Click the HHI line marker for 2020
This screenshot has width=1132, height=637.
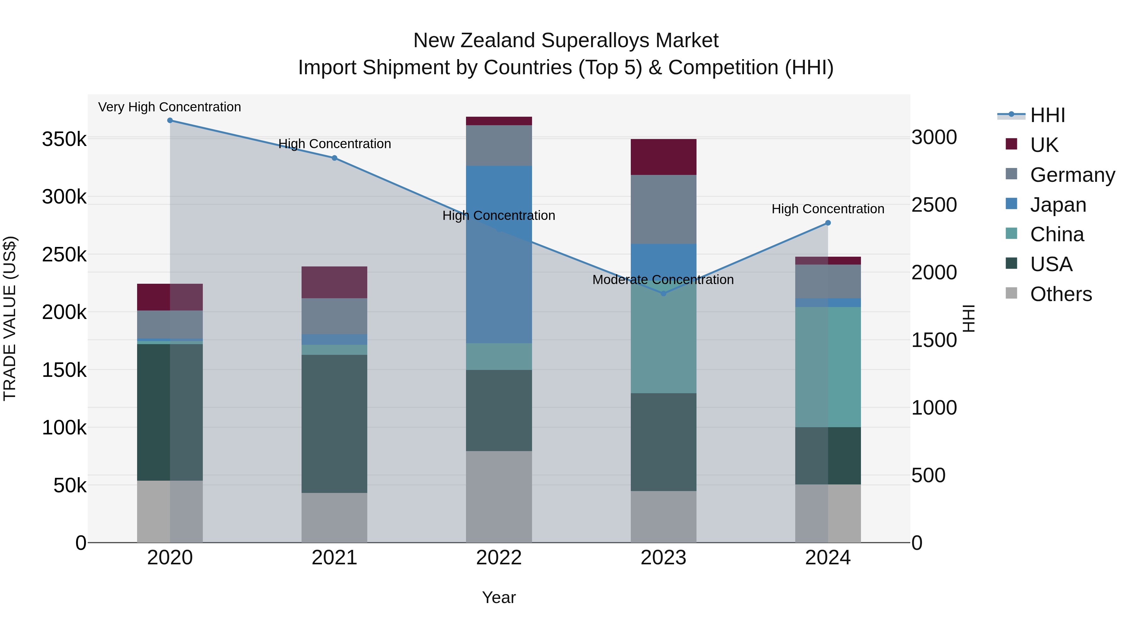(x=170, y=120)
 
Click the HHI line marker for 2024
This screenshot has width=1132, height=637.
(x=828, y=223)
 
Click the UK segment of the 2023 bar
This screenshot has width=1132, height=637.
(x=663, y=157)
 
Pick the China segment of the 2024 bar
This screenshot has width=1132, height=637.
(x=828, y=367)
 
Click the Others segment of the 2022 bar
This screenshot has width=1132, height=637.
(x=499, y=497)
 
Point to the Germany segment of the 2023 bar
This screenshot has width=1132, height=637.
(x=663, y=209)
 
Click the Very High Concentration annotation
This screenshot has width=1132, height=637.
(x=169, y=107)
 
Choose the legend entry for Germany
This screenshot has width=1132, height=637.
(x=1072, y=175)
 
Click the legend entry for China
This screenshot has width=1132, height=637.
(x=1057, y=234)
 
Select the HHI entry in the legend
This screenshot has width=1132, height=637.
(x=1047, y=115)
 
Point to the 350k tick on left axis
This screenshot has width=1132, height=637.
(x=64, y=139)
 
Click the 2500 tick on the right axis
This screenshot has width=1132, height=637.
(x=934, y=205)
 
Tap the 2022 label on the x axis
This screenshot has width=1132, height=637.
(x=499, y=558)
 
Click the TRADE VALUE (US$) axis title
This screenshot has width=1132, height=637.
(x=10, y=318)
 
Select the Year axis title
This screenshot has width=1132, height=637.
(x=499, y=597)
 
